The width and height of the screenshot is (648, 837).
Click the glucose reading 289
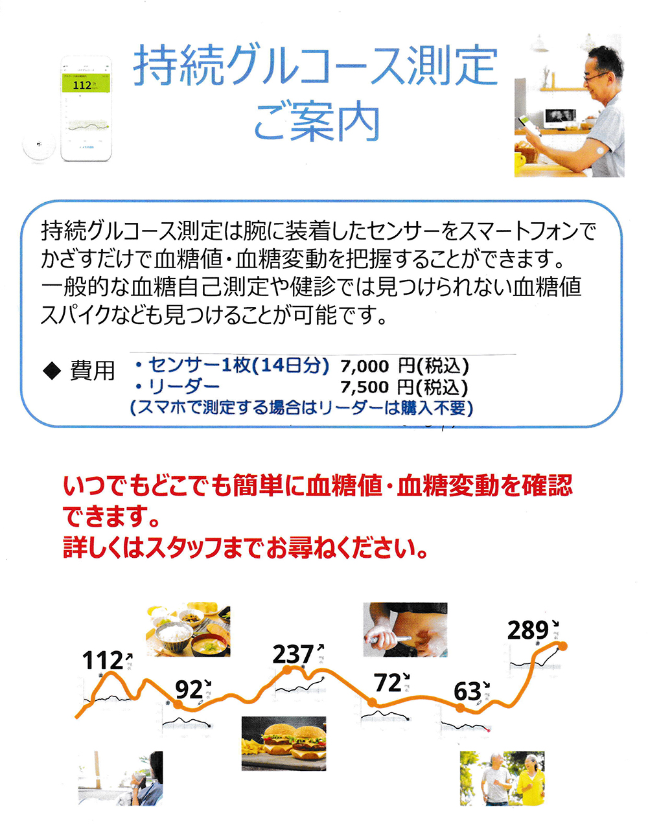click(x=528, y=630)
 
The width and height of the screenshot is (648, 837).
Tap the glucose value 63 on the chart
click(x=467, y=692)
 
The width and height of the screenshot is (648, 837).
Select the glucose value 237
click(x=293, y=654)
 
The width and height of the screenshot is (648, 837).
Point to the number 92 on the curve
click(x=189, y=689)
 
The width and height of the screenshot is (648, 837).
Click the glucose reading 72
click(x=388, y=683)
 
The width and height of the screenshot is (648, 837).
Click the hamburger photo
click(x=284, y=743)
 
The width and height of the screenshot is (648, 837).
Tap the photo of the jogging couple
click(x=502, y=778)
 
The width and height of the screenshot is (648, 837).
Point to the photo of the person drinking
click(x=121, y=778)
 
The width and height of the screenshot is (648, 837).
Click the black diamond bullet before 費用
click(x=51, y=371)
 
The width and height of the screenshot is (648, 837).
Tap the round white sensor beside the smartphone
click(x=39, y=144)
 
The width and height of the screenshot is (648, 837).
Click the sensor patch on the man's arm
click(x=599, y=148)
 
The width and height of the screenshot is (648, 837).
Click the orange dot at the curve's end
click(x=562, y=646)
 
